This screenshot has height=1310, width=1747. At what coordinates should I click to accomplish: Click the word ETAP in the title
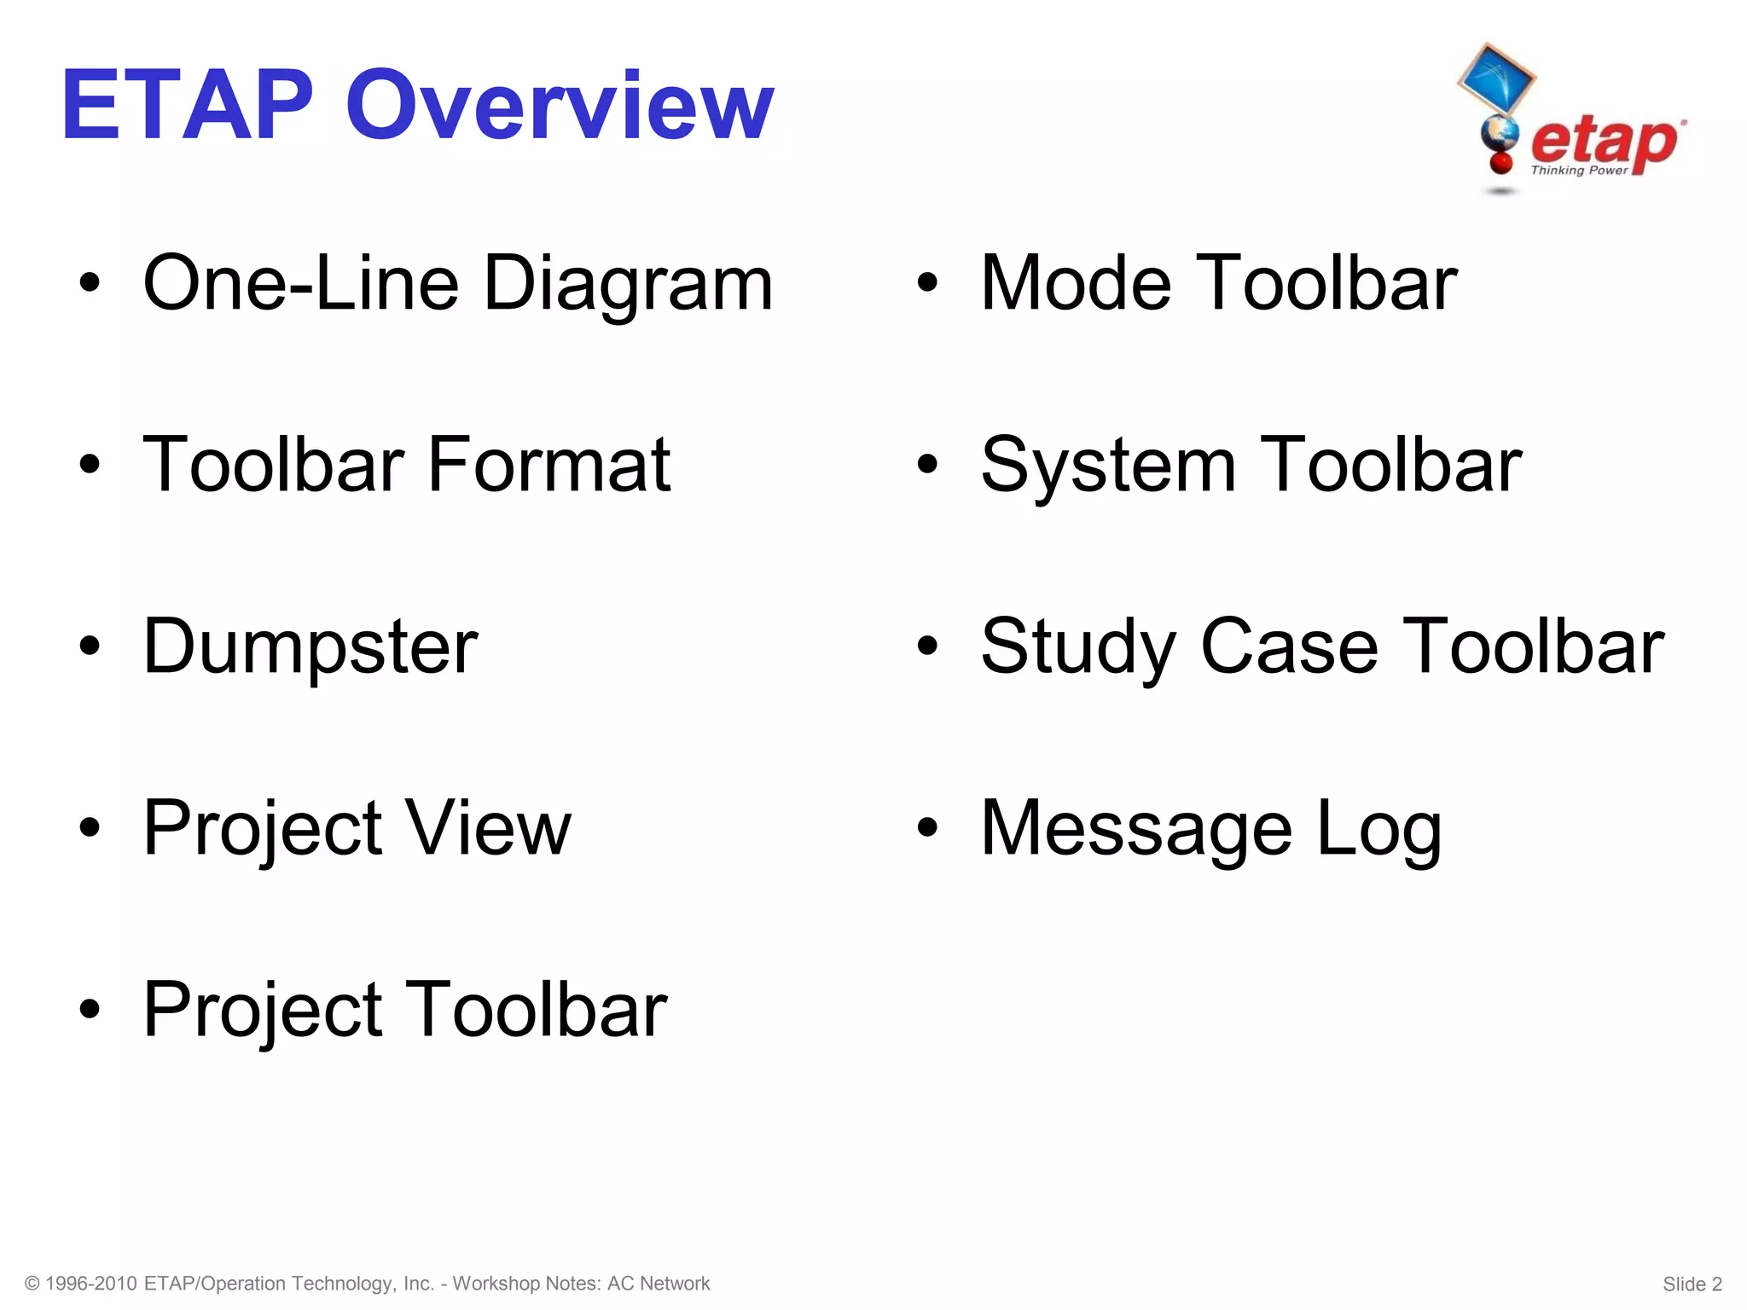point(188,106)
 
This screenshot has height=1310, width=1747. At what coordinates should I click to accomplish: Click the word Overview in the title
point(560,106)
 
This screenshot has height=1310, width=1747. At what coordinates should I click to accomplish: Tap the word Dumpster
point(311,646)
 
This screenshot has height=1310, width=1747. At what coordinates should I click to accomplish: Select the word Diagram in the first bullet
point(629,284)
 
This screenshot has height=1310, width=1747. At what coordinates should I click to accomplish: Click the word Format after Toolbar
point(548,465)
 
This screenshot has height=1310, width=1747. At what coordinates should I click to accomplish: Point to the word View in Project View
point(487,827)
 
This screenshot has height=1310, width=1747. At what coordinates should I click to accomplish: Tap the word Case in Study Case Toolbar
point(1289,646)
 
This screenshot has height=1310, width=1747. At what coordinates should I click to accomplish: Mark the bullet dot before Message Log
point(927,827)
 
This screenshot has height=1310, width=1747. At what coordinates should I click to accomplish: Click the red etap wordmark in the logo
point(1604,142)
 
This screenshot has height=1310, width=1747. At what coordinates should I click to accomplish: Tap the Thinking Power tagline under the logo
point(1579,171)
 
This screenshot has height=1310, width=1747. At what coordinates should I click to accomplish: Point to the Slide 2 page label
point(1692,1284)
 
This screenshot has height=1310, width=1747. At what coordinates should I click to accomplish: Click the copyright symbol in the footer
point(32,1284)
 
